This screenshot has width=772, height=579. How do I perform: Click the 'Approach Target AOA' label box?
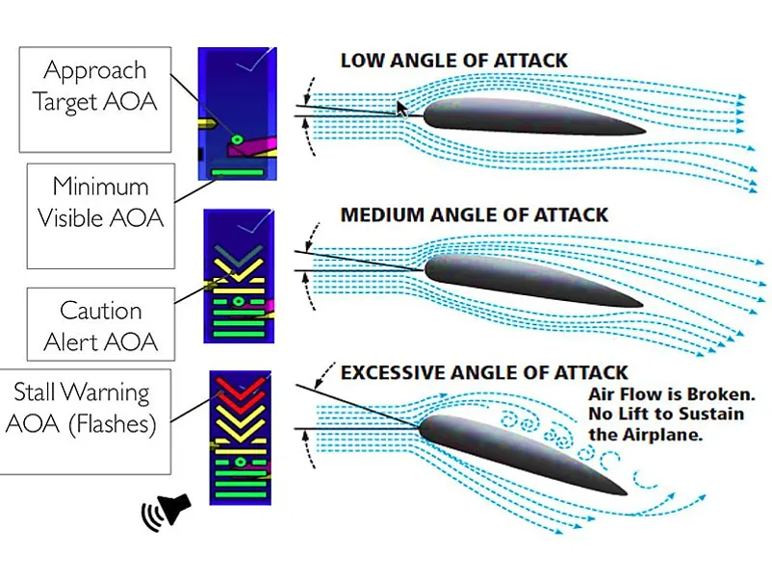[93, 86]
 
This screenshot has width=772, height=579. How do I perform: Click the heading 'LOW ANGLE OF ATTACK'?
[454, 61]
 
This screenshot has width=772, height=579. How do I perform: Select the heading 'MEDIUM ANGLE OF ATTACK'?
[475, 214]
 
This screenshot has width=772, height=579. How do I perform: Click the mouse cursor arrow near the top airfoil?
[402, 107]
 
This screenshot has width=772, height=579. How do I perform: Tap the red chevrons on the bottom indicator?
[236, 389]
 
